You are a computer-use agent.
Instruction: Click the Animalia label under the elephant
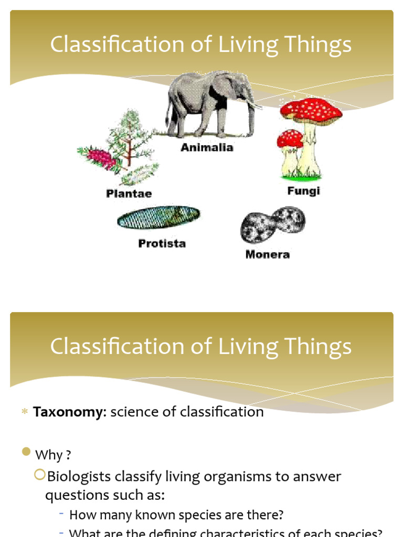(x=207, y=148)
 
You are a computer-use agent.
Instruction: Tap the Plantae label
(x=129, y=194)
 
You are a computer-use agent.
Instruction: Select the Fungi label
(x=303, y=191)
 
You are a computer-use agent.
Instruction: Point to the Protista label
(x=162, y=243)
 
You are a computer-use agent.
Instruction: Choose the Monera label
(x=267, y=255)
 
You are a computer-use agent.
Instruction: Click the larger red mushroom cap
(x=311, y=111)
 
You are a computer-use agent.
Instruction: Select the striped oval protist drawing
(x=158, y=217)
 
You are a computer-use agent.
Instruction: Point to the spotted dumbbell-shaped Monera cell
(x=272, y=224)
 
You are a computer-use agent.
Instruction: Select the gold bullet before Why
(x=27, y=453)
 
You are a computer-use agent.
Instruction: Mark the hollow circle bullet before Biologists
(x=39, y=475)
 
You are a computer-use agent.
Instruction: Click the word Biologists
(x=79, y=477)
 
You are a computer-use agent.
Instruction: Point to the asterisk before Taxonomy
(x=24, y=413)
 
